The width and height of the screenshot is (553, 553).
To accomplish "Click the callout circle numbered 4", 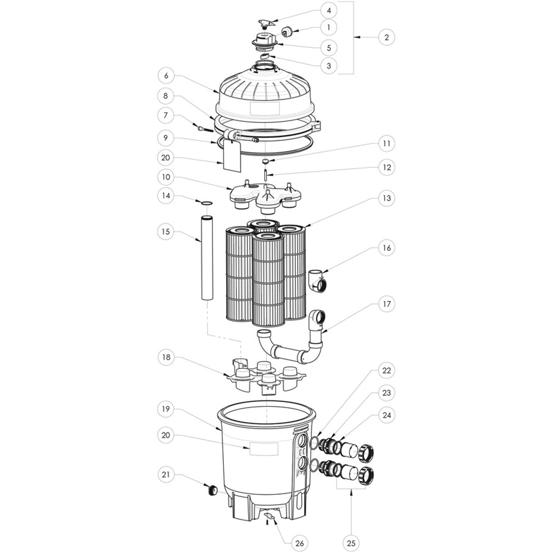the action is click(x=329, y=10).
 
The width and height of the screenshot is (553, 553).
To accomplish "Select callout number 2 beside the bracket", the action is click(x=386, y=37).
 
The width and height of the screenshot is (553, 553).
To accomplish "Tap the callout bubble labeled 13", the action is click(x=386, y=198).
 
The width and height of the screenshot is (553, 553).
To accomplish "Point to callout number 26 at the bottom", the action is click(x=299, y=543).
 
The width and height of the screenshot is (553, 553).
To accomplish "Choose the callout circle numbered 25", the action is click(x=351, y=543).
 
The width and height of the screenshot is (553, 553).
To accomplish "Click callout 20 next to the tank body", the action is click(x=166, y=435).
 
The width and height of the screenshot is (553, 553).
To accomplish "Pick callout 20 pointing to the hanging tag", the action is click(x=166, y=158).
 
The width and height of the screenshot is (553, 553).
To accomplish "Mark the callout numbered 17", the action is click(x=386, y=304).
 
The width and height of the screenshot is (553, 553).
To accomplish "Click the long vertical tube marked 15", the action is click(x=207, y=257).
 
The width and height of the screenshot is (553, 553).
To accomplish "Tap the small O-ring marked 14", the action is click(x=207, y=203).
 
